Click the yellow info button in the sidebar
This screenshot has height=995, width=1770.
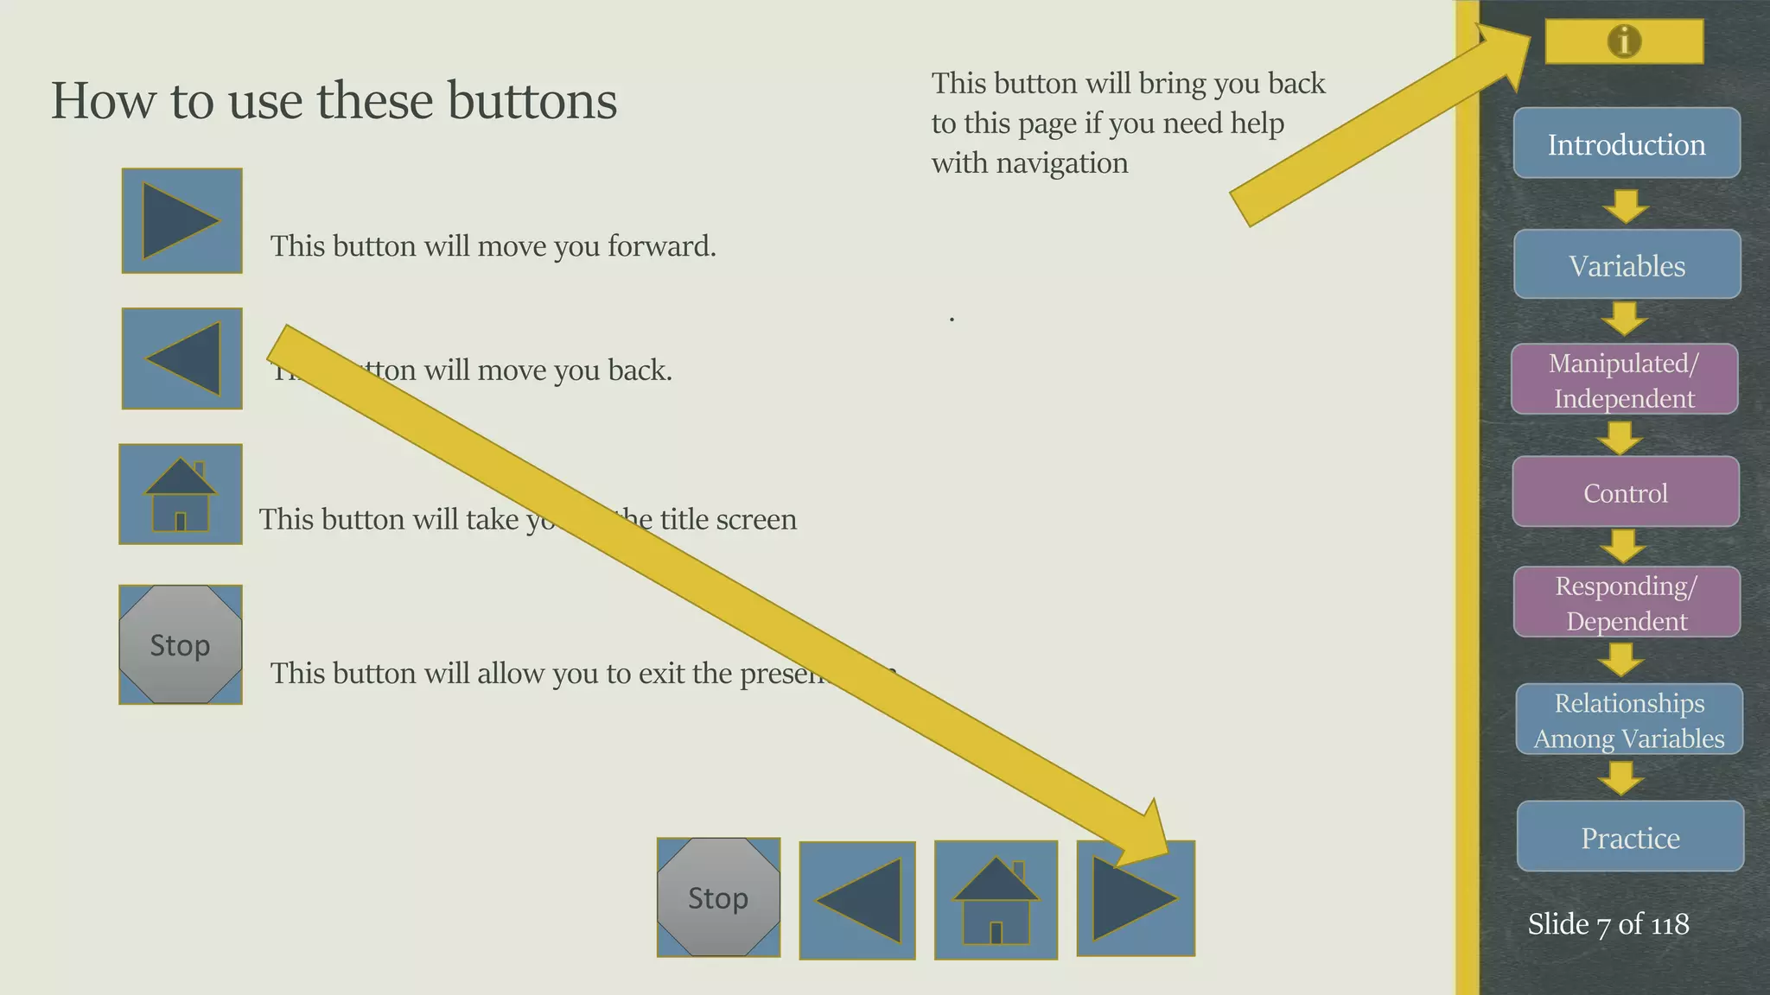click(1624, 41)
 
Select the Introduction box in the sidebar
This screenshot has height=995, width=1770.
click(1627, 143)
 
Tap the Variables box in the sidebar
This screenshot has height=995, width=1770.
click(1627, 264)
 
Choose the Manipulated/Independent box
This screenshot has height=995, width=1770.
click(1624, 379)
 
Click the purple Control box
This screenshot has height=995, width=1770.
click(1625, 491)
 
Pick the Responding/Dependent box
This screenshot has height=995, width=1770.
click(1627, 602)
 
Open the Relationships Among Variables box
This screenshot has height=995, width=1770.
click(1629, 719)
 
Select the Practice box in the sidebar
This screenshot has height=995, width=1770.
click(1630, 836)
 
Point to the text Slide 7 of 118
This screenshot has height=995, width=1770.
click(1608, 924)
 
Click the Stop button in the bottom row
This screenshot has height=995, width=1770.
click(718, 897)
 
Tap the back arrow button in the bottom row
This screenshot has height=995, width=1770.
click(856, 900)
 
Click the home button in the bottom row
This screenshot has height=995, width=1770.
click(996, 900)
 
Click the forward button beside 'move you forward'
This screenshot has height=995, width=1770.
click(181, 221)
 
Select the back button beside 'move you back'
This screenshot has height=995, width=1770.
click(181, 358)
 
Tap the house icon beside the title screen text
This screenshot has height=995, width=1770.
click(180, 494)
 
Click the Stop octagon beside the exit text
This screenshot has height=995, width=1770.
click(180, 644)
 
